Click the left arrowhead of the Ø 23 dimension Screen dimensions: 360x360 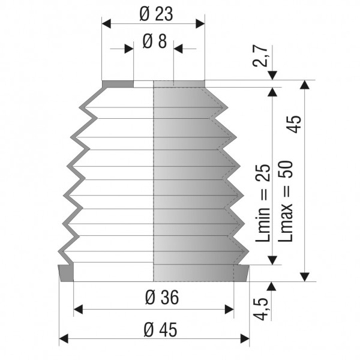107,23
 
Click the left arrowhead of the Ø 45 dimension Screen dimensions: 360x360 63,340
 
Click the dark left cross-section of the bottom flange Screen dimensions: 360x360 66,273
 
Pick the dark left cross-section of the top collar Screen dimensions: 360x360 118,83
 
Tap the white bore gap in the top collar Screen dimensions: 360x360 143,83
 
